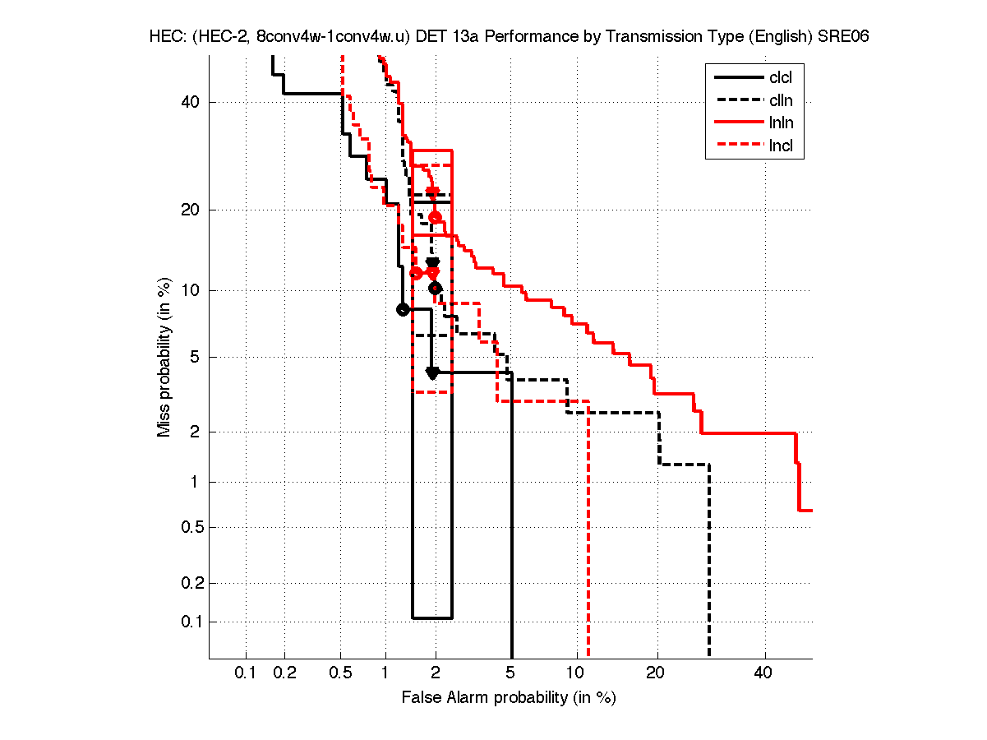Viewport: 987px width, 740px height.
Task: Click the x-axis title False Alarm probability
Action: tap(509, 698)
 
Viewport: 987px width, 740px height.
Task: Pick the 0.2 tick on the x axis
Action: tap(284, 673)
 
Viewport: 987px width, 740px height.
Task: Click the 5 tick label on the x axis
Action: tap(511, 673)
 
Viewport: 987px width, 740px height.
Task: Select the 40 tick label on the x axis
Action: tap(763, 673)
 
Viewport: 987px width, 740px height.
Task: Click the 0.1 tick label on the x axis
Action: tap(246, 673)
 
